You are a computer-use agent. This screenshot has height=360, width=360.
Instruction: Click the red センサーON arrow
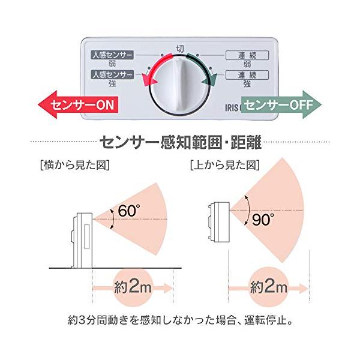pos(74,105)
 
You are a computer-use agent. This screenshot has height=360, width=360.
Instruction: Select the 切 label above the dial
pos(180,49)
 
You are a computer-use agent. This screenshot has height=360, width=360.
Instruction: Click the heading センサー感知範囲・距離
pos(180,143)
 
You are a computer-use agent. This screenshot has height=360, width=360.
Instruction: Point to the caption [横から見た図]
pos(73,164)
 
